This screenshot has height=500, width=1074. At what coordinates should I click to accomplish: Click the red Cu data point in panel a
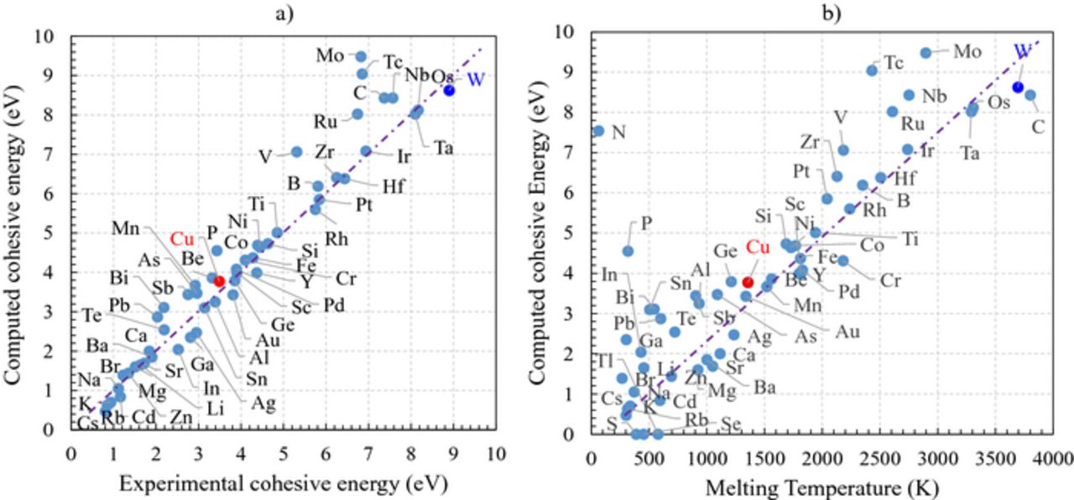click(x=219, y=281)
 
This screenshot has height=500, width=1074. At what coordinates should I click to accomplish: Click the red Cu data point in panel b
click(x=748, y=282)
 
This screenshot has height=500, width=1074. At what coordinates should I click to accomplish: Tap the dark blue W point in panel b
click(x=1018, y=87)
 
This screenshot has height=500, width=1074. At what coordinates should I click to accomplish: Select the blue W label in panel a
click(x=476, y=80)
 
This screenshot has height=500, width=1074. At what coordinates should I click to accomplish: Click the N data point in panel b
click(x=598, y=131)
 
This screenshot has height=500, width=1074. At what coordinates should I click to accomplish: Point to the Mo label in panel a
click(x=330, y=56)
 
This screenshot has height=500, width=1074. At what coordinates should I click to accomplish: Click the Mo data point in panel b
click(x=925, y=52)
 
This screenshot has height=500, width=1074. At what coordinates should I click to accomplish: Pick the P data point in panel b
click(x=628, y=251)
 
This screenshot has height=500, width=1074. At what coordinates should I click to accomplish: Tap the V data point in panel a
click(x=296, y=152)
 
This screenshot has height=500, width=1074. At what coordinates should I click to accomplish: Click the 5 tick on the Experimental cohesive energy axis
click(x=284, y=454)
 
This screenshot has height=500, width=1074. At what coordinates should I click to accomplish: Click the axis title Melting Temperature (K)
click(x=821, y=486)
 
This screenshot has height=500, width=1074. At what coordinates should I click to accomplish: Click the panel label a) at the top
click(x=284, y=12)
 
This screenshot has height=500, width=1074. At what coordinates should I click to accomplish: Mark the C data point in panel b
click(x=1030, y=95)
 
